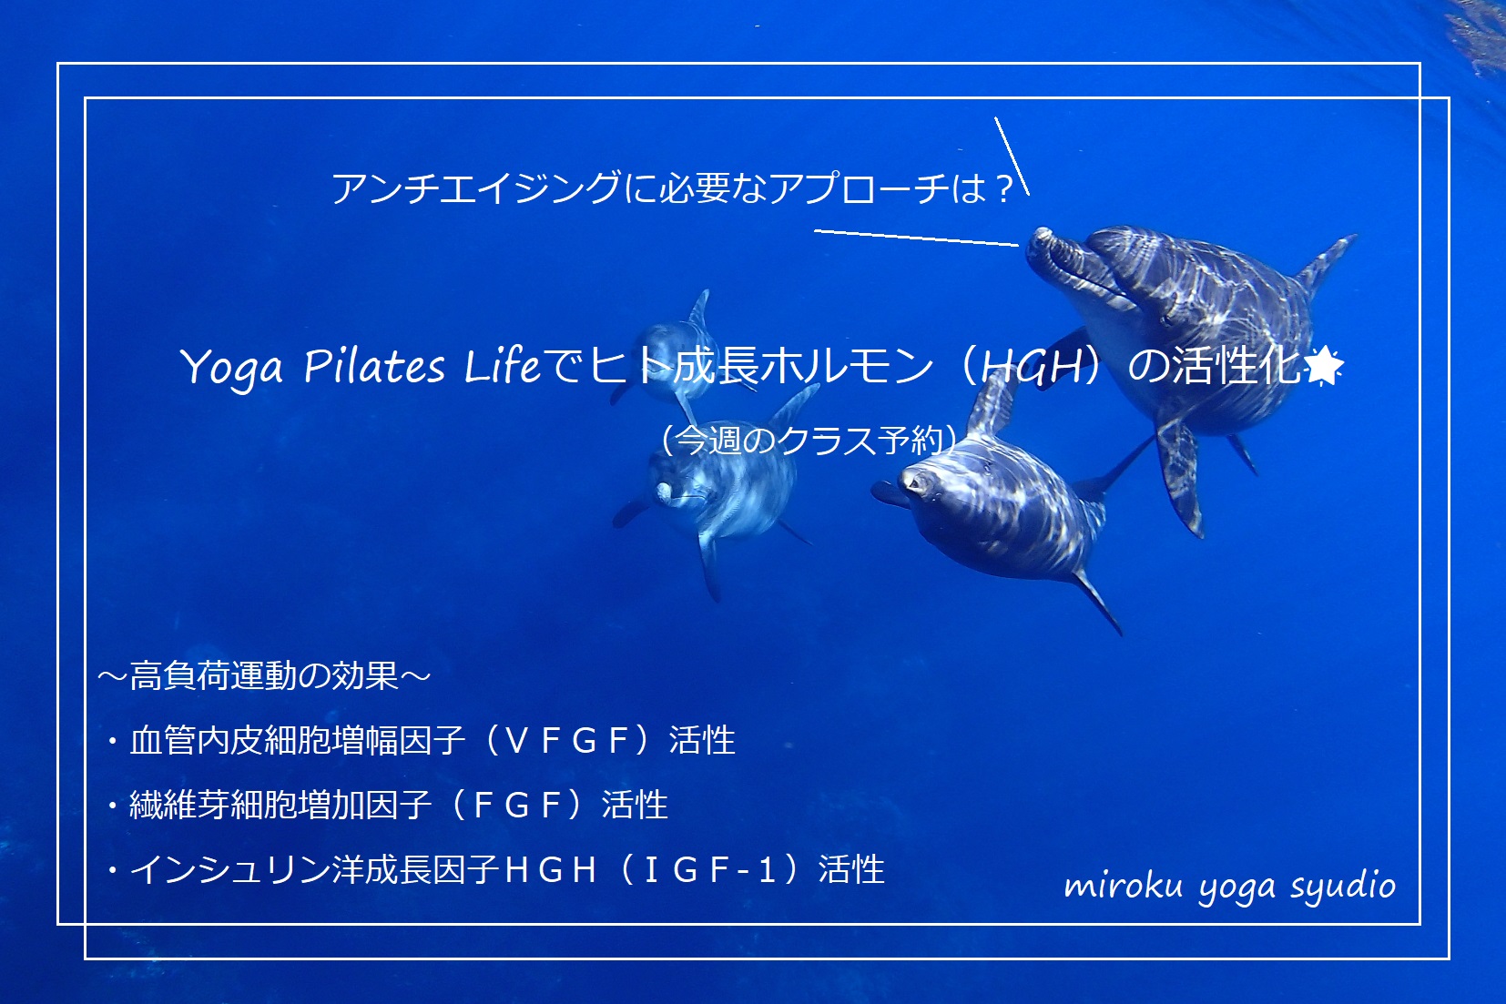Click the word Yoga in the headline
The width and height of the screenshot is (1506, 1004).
pyautogui.click(x=231, y=369)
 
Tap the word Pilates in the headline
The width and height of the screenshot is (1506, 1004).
pyautogui.click(x=374, y=366)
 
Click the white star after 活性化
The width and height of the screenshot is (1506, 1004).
pyautogui.click(x=1323, y=366)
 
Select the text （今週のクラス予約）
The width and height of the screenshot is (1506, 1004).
pyautogui.click(x=809, y=441)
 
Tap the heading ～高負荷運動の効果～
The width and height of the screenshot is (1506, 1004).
pyautogui.click(x=264, y=676)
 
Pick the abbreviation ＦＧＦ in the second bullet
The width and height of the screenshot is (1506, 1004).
pyautogui.click(x=517, y=805)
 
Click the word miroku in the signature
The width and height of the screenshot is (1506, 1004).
pyautogui.click(x=1123, y=887)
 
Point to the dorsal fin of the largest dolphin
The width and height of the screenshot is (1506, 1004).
pyautogui.click(x=1326, y=262)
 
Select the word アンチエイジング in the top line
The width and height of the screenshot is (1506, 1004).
pyautogui.click(x=477, y=188)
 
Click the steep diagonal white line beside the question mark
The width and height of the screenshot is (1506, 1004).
pyautogui.click(x=1012, y=157)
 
